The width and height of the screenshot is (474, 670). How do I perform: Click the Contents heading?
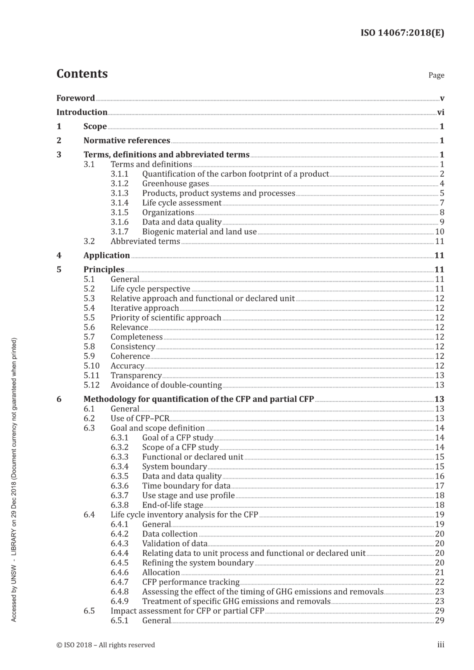(x=82, y=74)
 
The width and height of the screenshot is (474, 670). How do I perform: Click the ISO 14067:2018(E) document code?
(x=402, y=33)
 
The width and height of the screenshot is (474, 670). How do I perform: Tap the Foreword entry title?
(x=76, y=98)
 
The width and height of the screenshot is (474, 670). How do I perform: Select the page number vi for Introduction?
(x=440, y=112)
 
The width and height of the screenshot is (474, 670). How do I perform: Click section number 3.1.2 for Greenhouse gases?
(x=119, y=184)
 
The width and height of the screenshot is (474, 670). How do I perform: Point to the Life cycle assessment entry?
(x=182, y=203)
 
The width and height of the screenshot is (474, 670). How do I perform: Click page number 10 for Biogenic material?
(x=439, y=232)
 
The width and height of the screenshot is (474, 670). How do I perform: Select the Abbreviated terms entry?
(x=145, y=241)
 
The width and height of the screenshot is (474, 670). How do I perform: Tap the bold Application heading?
(x=106, y=255)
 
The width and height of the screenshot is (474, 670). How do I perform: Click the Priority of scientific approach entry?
(x=166, y=318)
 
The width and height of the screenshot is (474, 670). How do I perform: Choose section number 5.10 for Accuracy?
(x=91, y=366)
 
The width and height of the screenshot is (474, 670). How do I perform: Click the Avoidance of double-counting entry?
(x=166, y=385)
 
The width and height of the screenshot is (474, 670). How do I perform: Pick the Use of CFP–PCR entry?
(x=140, y=418)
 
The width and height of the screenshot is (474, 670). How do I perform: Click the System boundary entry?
(x=175, y=466)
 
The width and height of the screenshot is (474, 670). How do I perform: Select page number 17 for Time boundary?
(x=439, y=486)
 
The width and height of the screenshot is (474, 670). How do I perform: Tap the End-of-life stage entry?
(x=172, y=505)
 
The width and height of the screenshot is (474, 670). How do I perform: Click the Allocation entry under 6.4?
(x=161, y=572)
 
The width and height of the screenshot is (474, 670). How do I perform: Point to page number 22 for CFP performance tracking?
(x=439, y=582)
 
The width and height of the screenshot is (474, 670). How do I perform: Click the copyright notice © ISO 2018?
(x=105, y=645)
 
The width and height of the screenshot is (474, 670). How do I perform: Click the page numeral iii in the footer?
(x=441, y=645)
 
